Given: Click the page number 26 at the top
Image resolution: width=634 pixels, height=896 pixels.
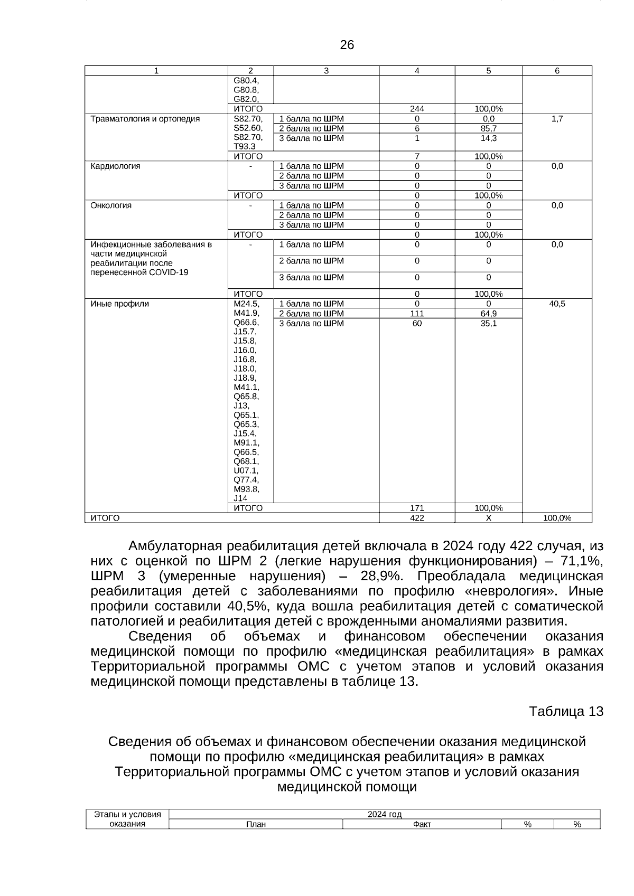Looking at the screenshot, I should tap(347, 45).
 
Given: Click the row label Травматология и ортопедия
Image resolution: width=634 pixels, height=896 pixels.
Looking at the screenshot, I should tap(145, 119).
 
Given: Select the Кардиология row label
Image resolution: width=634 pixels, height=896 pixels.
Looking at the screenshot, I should tap(116, 166).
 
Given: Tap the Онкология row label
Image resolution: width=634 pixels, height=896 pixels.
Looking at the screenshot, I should tap(111, 205).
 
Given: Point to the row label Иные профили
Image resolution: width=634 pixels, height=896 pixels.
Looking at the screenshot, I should tap(120, 304).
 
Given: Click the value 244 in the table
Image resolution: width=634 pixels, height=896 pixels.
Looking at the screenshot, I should tap(417, 109).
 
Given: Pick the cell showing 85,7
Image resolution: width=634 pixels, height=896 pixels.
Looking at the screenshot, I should tap(488, 128).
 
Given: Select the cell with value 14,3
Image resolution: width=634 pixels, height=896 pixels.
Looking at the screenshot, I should tap(488, 138).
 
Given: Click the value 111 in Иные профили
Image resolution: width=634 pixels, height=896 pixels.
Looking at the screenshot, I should tap(417, 314).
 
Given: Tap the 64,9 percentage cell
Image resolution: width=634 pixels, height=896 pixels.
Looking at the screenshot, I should tap(488, 314).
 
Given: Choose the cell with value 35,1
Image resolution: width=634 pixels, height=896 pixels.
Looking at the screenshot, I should tap(488, 323).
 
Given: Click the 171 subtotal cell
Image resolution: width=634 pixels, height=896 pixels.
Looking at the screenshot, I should tap(417, 508).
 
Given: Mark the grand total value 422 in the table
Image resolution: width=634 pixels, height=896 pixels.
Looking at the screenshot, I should tap(417, 518).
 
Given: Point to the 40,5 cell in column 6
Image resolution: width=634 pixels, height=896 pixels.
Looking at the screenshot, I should tap(557, 304).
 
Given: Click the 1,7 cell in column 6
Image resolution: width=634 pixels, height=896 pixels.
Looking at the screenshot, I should tap(557, 119).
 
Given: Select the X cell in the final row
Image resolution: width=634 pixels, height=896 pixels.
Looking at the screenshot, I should tap(488, 518).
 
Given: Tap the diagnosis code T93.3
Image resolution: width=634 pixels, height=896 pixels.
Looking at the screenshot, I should tap(244, 146).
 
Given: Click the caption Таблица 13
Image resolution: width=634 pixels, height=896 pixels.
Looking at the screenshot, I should tap(566, 711).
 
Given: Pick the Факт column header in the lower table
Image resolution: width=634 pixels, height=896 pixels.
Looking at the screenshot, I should tap(422, 825).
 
